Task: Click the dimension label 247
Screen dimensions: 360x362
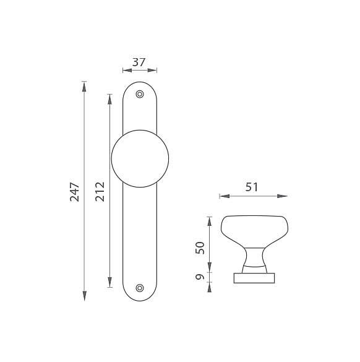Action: coord(75,192)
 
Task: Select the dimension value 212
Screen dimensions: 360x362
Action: coord(100,192)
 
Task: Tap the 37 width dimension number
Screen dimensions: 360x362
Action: coord(139,62)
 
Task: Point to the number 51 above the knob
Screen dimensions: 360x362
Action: coord(252,187)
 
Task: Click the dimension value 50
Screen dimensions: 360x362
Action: coord(200,248)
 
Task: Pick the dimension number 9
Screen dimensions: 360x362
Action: coord(200,277)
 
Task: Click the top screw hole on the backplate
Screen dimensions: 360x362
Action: coord(140,94)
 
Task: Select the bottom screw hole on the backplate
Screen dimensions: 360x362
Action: coord(140,288)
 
